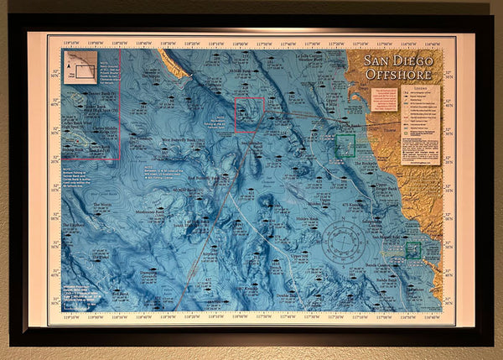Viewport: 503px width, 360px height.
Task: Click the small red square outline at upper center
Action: coord(249,115)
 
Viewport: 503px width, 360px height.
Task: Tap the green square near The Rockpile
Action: coord(345,146)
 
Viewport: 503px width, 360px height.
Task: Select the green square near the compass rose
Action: coord(412,249)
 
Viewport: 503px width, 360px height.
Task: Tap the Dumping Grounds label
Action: coord(148,273)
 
